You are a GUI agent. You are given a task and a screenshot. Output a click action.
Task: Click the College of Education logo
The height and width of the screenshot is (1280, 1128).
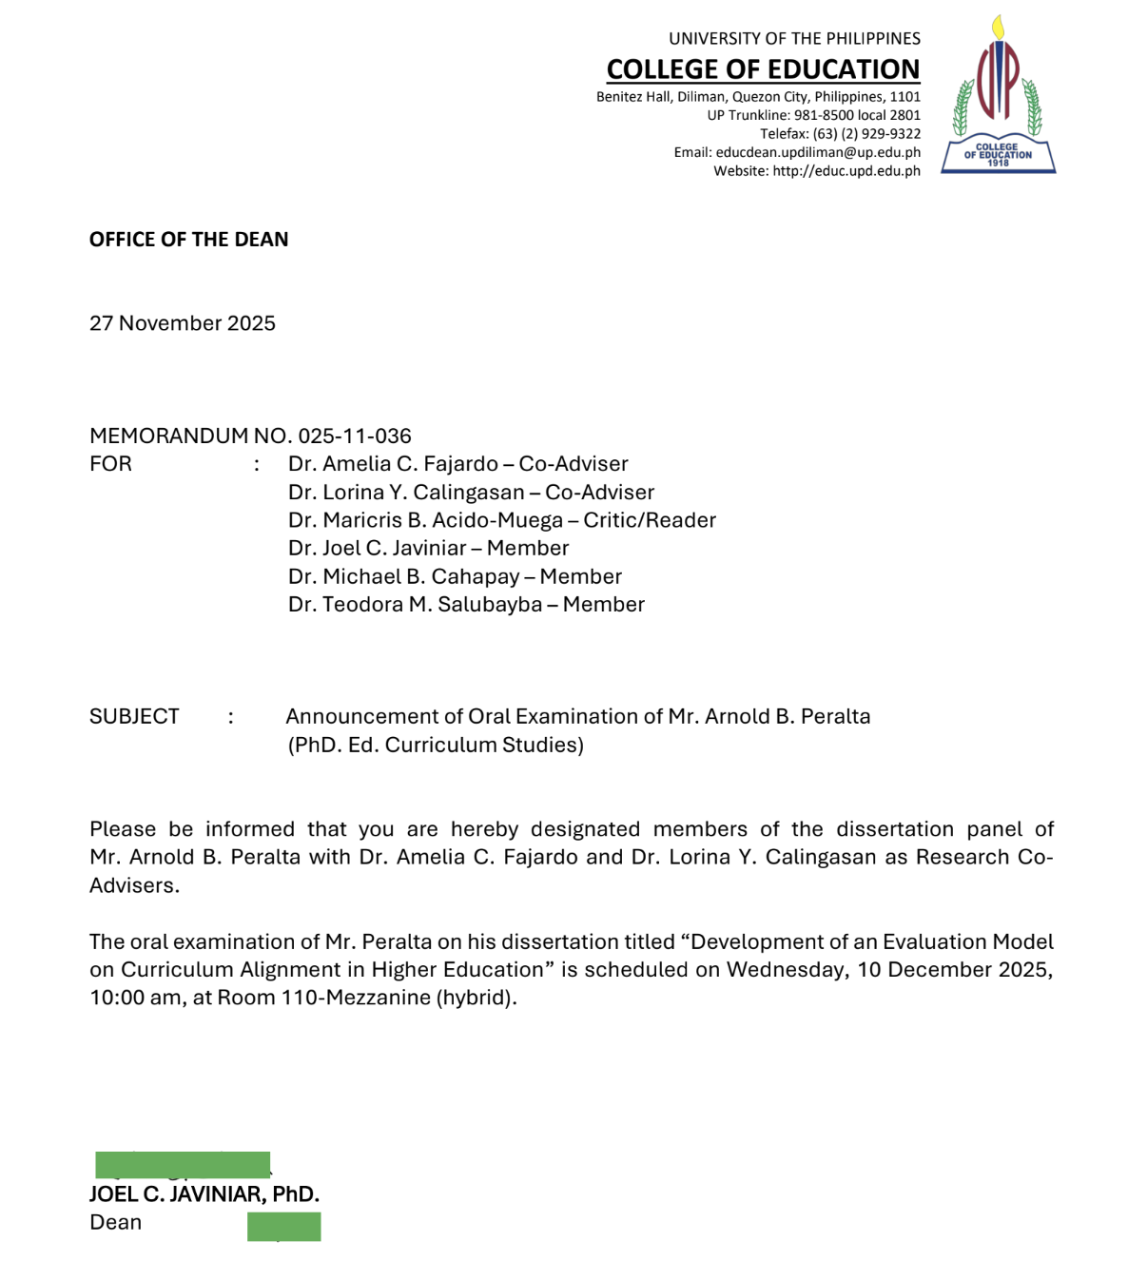click(998, 95)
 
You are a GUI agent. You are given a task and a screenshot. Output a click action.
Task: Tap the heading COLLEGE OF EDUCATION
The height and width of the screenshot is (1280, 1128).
click(763, 69)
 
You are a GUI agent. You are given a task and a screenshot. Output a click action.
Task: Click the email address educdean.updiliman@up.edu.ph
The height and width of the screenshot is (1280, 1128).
click(818, 152)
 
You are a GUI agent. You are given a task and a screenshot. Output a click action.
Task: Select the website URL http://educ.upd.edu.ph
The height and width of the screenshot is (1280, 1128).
click(846, 171)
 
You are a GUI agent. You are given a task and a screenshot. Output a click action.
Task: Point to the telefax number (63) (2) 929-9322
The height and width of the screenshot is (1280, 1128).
click(866, 134)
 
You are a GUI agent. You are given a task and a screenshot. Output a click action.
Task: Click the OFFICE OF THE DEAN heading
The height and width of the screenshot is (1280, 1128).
click(188, 240)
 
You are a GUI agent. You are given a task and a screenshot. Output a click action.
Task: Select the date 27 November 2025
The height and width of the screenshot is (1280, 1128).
click(183, 323)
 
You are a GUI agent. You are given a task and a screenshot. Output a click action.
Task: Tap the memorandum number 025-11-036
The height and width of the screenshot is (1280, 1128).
click(355, 436)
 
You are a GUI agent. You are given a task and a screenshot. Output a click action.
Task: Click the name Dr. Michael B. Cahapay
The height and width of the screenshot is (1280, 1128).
click(403, 576)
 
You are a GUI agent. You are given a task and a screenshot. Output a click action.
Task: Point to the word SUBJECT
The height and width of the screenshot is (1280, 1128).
click(134, 716)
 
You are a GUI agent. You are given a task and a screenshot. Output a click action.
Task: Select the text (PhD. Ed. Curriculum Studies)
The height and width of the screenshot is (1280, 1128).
click(436, 745)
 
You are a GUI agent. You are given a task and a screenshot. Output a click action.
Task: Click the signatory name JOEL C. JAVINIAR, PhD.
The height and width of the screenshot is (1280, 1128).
click(204, 1194)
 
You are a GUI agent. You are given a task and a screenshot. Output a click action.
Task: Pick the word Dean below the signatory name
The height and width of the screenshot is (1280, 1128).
click(115, 1222)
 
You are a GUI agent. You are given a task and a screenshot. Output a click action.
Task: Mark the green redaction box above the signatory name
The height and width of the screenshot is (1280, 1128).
click(183, 1165)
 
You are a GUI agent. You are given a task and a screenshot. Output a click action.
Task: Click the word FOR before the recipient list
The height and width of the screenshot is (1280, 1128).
click(110, 464)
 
